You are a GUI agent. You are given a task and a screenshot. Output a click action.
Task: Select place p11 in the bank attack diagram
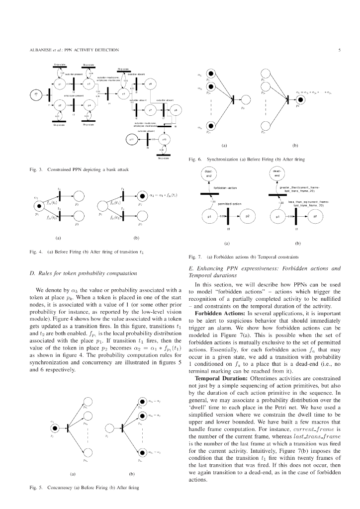pyautogui.click(x=133, y=140)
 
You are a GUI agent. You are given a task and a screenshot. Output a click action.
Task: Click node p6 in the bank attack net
pyautogui.click(x=150, y=84)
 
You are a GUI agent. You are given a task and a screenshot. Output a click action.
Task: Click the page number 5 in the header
pyautogui.click(x=339, y=50)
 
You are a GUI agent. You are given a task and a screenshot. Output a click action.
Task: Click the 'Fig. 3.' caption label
pyautogui.click(x=36, y=170)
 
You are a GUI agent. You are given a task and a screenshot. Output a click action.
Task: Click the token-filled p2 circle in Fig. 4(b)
pyautogui.click(x=141, y=195)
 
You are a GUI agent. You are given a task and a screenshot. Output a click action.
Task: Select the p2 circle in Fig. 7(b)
pyautogui.click(x=315, y=217)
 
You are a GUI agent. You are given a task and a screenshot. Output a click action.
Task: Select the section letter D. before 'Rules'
pyautogui.click(x=32, y=273)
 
